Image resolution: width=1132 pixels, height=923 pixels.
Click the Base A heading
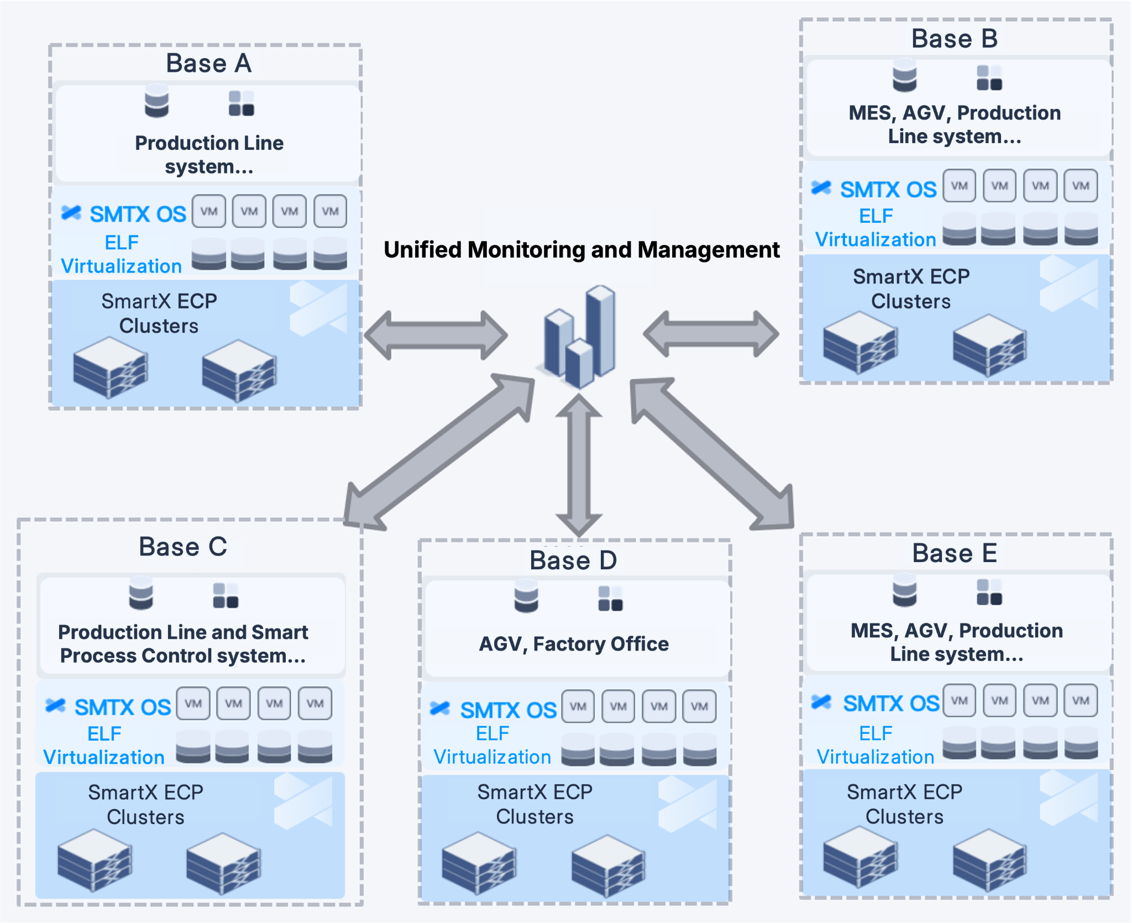click(x=208, y=63)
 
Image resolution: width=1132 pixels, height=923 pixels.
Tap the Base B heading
click(x=955, y=39)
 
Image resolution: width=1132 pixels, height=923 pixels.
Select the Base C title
click(x=183, y=547)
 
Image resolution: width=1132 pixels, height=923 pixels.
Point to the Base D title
click(x=573, y=560)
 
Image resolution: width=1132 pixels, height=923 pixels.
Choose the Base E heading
click(x=955, y=553)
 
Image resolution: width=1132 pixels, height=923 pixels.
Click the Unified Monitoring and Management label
click(x=581, y=250)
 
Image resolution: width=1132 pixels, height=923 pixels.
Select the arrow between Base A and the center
click(x=436, y=335)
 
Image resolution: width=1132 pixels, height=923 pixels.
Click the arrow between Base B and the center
click(x=711, y=334)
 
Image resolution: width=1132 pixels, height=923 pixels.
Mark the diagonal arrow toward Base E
click(x=713, y=453)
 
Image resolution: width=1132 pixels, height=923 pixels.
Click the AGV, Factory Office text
click(x=574, y=644)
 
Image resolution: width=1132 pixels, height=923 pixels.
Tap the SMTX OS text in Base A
click(x=138, y=214)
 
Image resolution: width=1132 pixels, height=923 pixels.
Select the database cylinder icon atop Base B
click(x=904, y=76)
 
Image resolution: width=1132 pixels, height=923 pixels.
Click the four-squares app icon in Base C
click(x=226, y=595)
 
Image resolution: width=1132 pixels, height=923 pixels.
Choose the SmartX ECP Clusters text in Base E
click(x=904, y=804)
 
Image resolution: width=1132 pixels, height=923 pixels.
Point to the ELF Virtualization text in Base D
click(x=492, y=745)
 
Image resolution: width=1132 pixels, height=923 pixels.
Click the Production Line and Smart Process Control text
click(x=183, y=644)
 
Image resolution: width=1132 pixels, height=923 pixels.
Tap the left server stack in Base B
click(x=860, y=343)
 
